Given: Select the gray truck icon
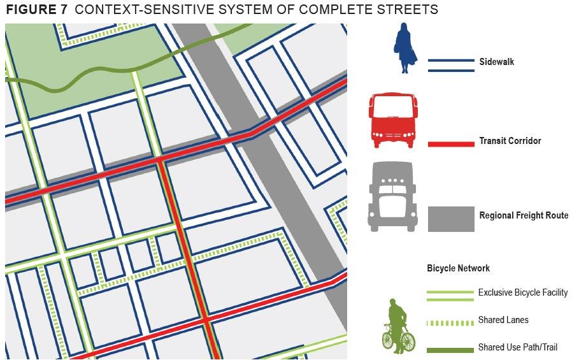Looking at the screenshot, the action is click(x=391, y=197).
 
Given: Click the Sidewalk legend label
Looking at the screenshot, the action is click(x=496, y=62).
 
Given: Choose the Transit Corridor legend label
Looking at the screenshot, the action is click(x=510, y=141).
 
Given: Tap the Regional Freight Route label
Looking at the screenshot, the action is click(x=523, y=215).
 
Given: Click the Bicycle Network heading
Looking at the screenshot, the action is click(x=458, y=268).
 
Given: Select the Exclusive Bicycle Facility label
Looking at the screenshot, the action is click(x=522, y=292).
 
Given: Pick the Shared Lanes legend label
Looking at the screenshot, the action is click(x=503, y=320).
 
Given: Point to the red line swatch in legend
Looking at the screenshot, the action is click(x=451, y=144).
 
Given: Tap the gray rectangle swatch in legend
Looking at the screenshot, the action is click(x=451, y=219).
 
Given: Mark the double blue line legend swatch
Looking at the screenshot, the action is click(x=451, y=66).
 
